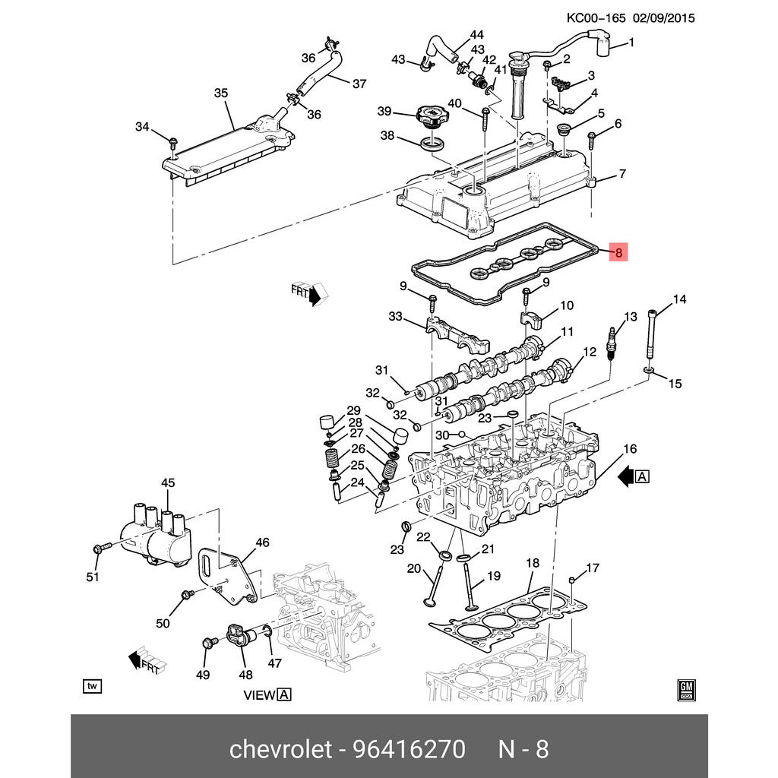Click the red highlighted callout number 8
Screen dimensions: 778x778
click(x=619, y=253)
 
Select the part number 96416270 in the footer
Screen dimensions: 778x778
click(x=408, y=749)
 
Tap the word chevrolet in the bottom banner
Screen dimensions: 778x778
click(x=280, y=749)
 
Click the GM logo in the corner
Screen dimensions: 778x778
click(x=687, y=688)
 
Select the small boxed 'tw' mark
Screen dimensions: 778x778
click(x=92, y=687)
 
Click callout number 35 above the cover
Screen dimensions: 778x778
click(x=220, y=93)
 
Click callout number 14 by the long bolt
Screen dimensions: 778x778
click(x=678, y=299)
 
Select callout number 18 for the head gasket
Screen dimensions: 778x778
click(x=532, y=563)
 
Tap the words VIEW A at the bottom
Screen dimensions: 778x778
click(x=267, y=694)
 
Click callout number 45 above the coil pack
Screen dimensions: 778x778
click(x=167, y=483)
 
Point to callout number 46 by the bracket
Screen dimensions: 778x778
click(x=262, y=542)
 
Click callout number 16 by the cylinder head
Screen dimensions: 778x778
click(x=630, y=449)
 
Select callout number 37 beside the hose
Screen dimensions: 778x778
click(x=359, y=84)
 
